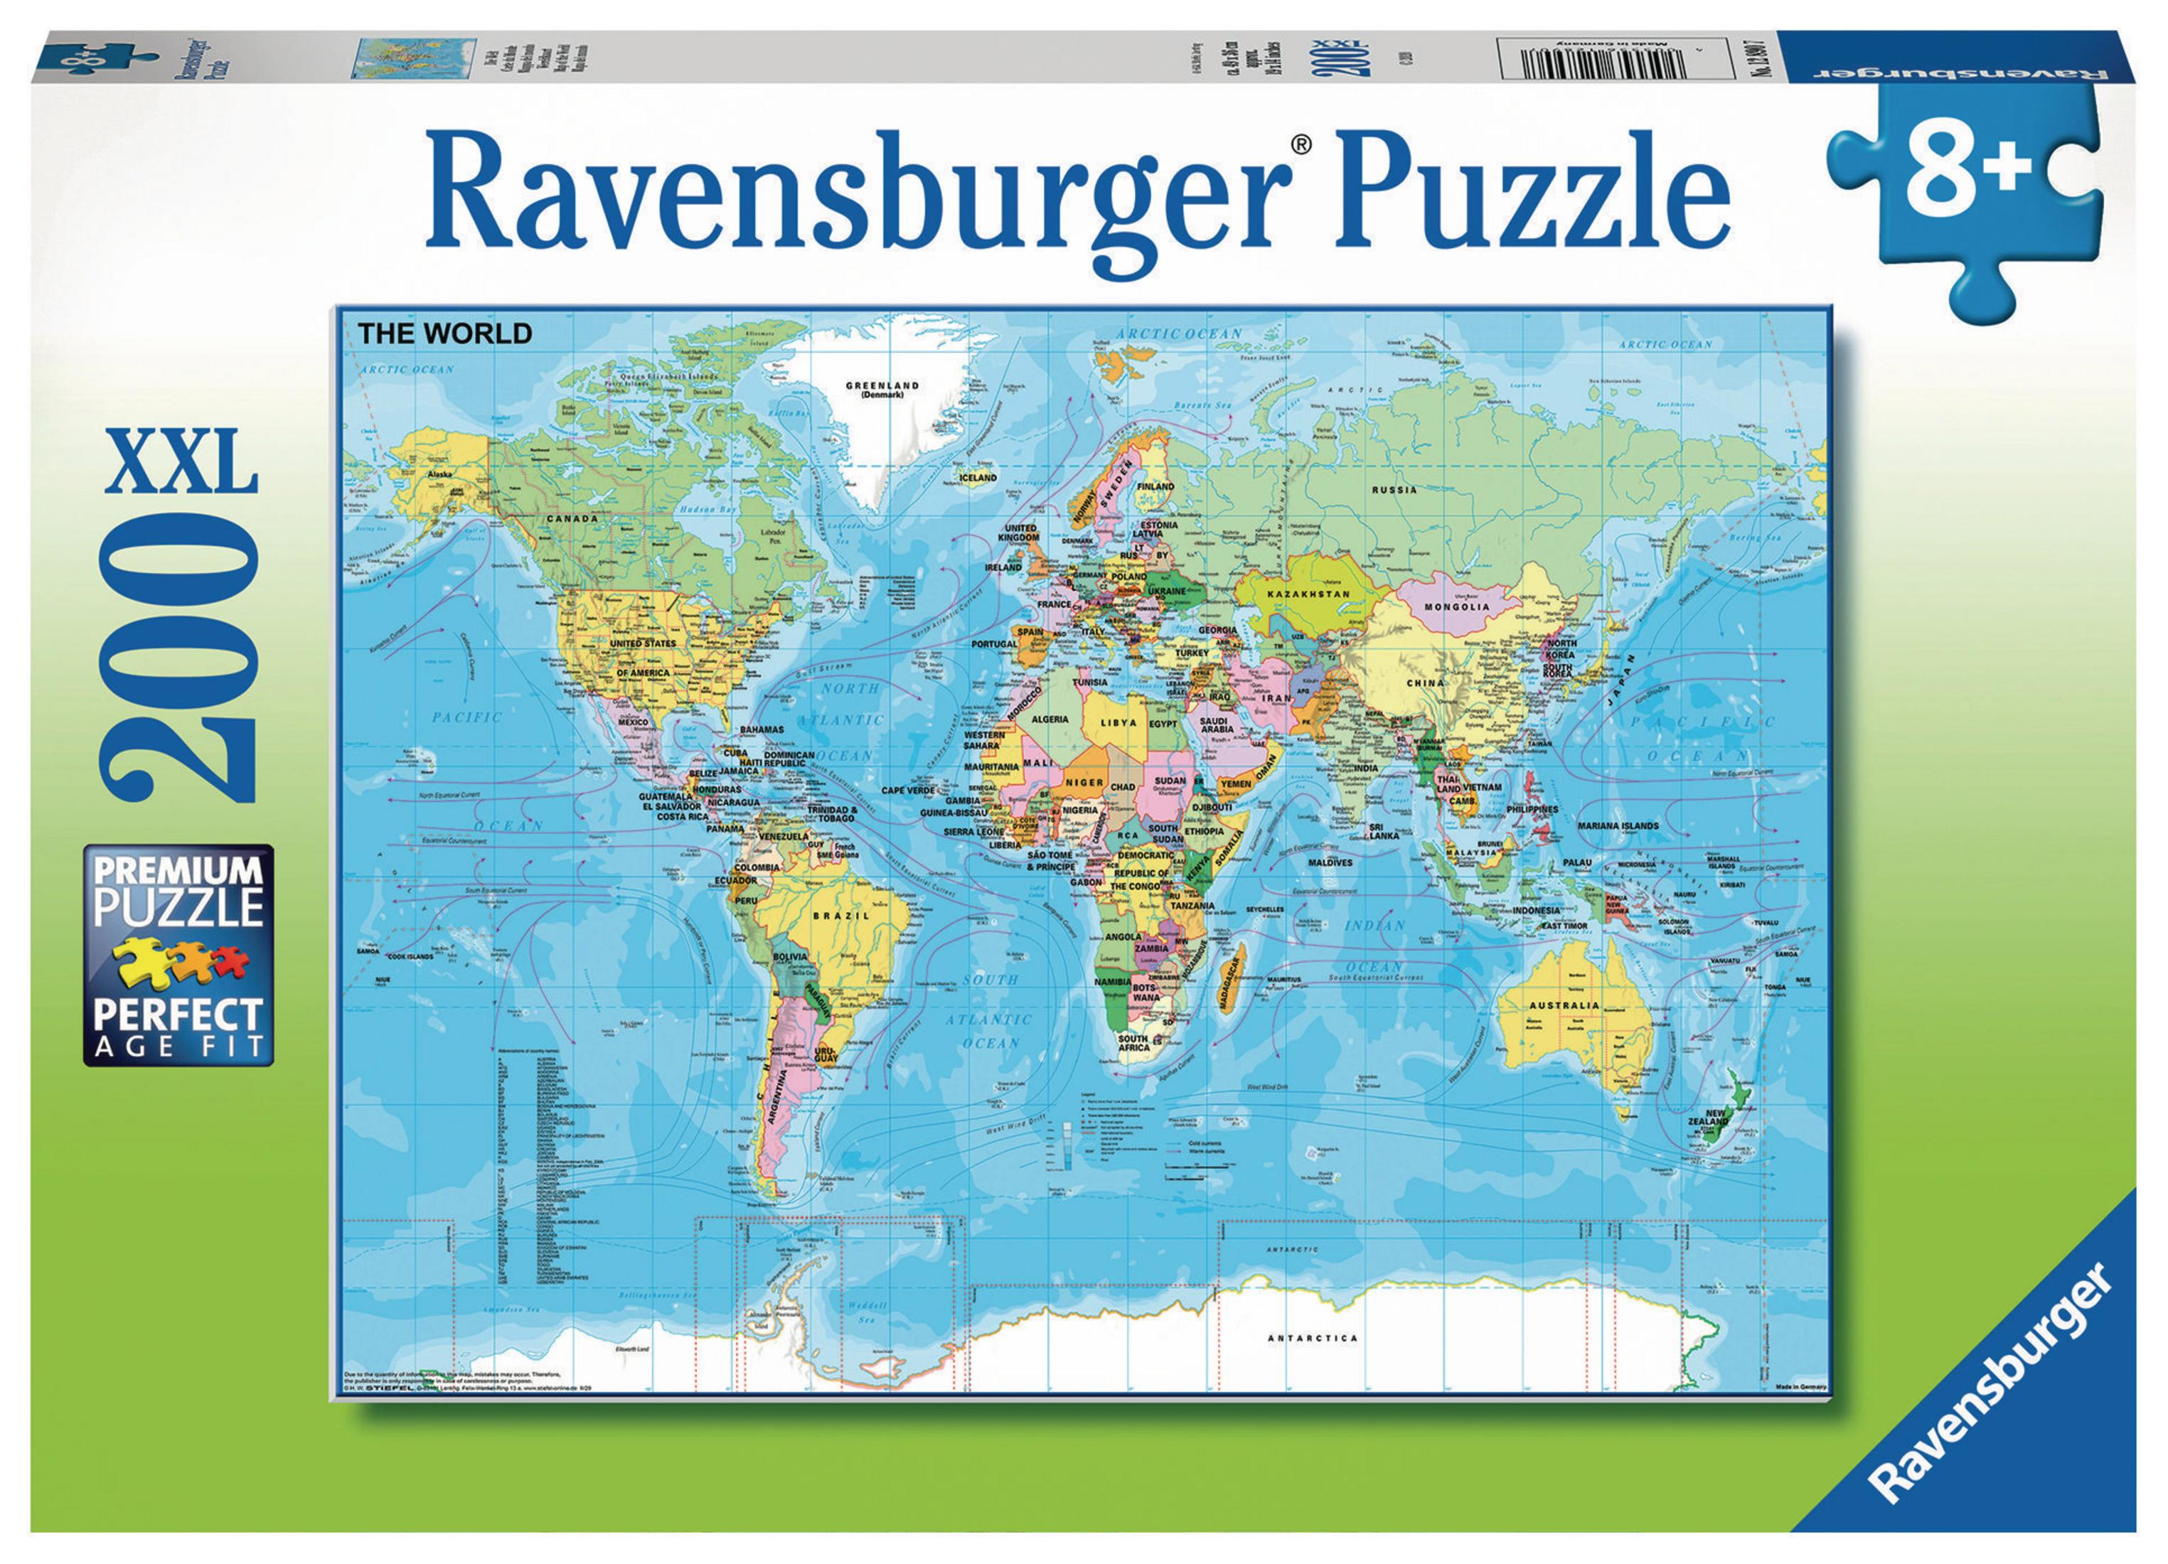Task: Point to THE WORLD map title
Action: click(444, 333)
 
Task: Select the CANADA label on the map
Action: click(572, 518)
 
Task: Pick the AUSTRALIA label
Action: click(1564, 1006)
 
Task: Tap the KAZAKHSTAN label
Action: click(1308, 594)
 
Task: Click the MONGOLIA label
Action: click(1457, 607)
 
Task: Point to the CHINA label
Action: click(1425, 682)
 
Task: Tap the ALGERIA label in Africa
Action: click(1050, 718)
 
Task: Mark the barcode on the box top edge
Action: click(1606, 55)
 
